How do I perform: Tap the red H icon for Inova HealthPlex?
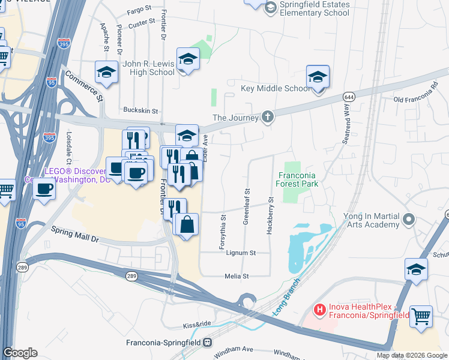pos(321,310)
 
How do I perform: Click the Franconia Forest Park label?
pos(298,180)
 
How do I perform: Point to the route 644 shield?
pos(349,97)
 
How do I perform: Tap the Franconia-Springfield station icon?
pos(207,343)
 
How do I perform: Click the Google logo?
pos(20,353)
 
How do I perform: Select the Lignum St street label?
pos(241,253)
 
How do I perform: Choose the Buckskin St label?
pos(140,110)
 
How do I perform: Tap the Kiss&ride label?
pos(198,325)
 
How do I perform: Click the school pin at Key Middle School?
pos(318,77)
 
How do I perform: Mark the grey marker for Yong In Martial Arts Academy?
pos(409,219)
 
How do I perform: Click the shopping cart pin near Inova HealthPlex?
pos(421,315)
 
